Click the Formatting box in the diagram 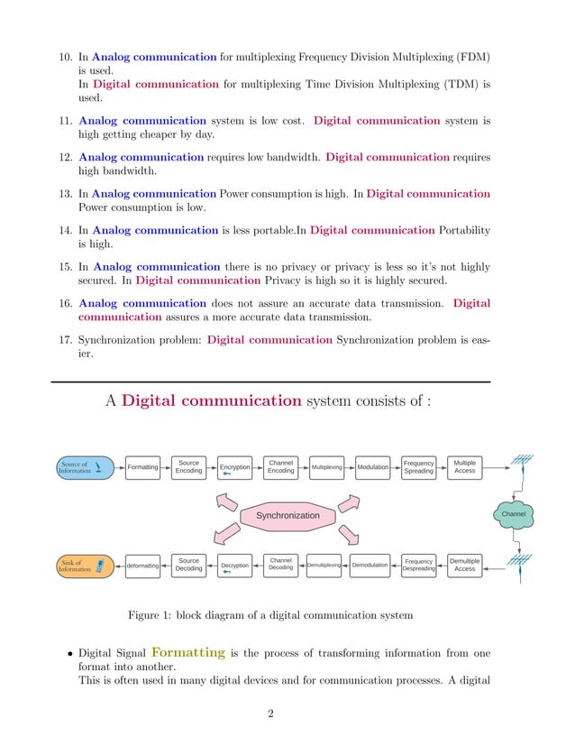click(142, 467)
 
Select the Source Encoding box click(189, 466)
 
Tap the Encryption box click(234, 467)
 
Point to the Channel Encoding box click(281, 466)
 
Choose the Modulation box click(372, 467)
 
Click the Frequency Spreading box click(418, 466)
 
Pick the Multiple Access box click(465, 466)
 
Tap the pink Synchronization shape click(287, 515)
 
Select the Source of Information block click(85, 467)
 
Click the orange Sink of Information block click(85, 566)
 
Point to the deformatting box click(142, 566)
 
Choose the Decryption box click(234, 566)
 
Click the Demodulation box click(370, 566)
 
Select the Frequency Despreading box click(418, 566)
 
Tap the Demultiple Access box click(465, 565)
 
